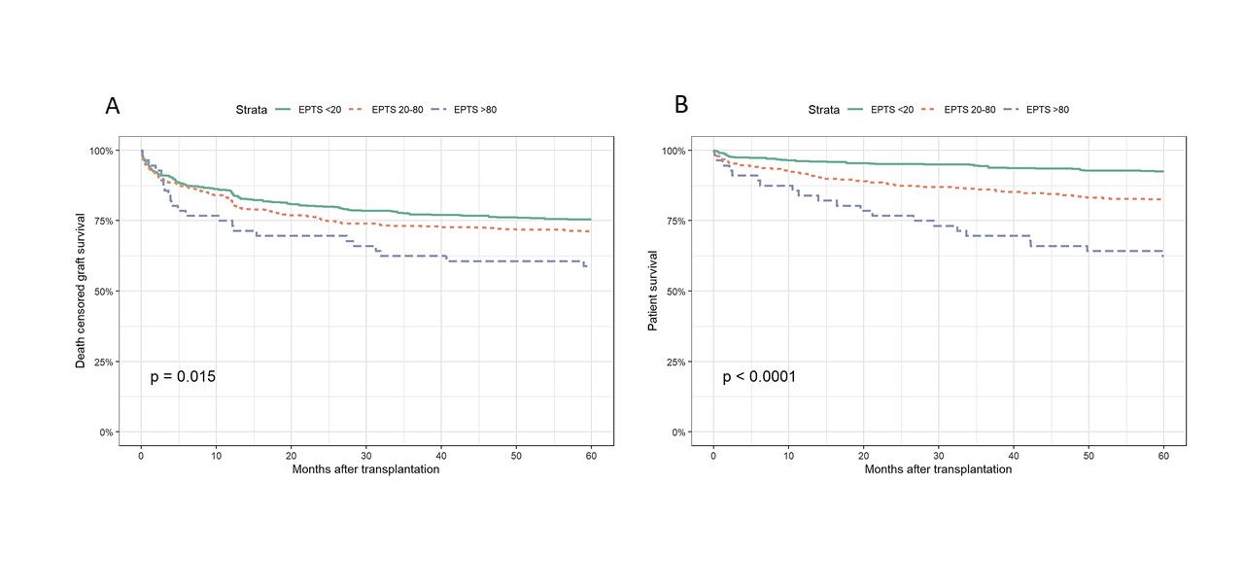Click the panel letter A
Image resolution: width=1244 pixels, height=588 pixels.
(113, 107)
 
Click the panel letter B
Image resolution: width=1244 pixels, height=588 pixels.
(681, 105)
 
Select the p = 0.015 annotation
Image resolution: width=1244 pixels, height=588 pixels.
(183, 376)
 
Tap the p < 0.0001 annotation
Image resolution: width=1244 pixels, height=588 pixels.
(759, 376)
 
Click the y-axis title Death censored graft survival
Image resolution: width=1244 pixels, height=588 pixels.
(82, 291)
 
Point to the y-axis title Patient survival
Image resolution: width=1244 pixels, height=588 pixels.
(654, 291)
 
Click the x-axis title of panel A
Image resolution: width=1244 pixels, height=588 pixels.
(366, 469)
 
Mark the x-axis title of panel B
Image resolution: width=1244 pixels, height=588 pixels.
(938, 469)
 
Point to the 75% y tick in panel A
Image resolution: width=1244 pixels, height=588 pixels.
(101, 221)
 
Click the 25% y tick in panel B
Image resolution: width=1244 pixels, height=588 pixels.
(674, 362)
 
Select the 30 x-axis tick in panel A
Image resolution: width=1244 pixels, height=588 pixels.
(366, 454)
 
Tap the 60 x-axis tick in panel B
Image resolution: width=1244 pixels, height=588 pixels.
(1163, 454)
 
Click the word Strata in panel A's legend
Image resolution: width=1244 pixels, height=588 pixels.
(250, 110)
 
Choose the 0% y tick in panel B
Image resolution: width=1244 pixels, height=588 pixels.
(676, 432)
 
